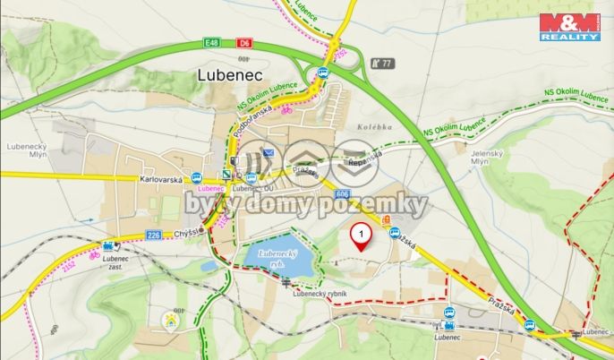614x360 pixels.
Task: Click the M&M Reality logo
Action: [569, 27]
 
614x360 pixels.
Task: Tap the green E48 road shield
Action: [211, 42]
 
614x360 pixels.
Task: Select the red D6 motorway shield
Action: [244, 42]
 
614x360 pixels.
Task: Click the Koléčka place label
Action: [374, 127]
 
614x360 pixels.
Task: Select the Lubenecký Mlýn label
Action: [24, 148]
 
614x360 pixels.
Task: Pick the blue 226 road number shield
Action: [153, 236]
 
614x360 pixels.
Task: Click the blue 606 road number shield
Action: [343, 194]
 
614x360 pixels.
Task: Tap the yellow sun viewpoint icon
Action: [169, 318]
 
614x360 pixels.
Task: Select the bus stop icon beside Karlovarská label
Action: [196, 177]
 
